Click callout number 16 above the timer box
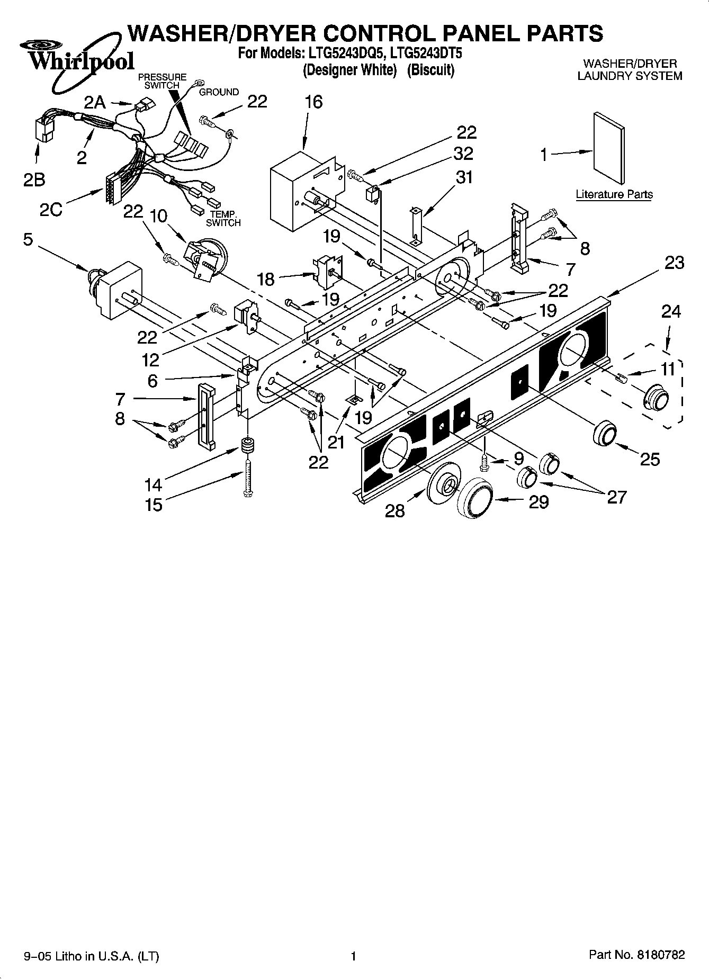[313, 102]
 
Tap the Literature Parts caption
[614, 194]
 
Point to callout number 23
[674, 263]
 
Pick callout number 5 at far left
[28, 239]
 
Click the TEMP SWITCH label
[223, 219]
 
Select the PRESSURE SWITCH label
[162, 81]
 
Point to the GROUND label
[219, 92]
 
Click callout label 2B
[34, 180]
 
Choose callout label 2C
[51, 210]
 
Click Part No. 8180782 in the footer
[637, 955]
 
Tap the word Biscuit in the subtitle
[430, 70]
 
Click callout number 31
[464, 177]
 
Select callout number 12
[150, 360]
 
